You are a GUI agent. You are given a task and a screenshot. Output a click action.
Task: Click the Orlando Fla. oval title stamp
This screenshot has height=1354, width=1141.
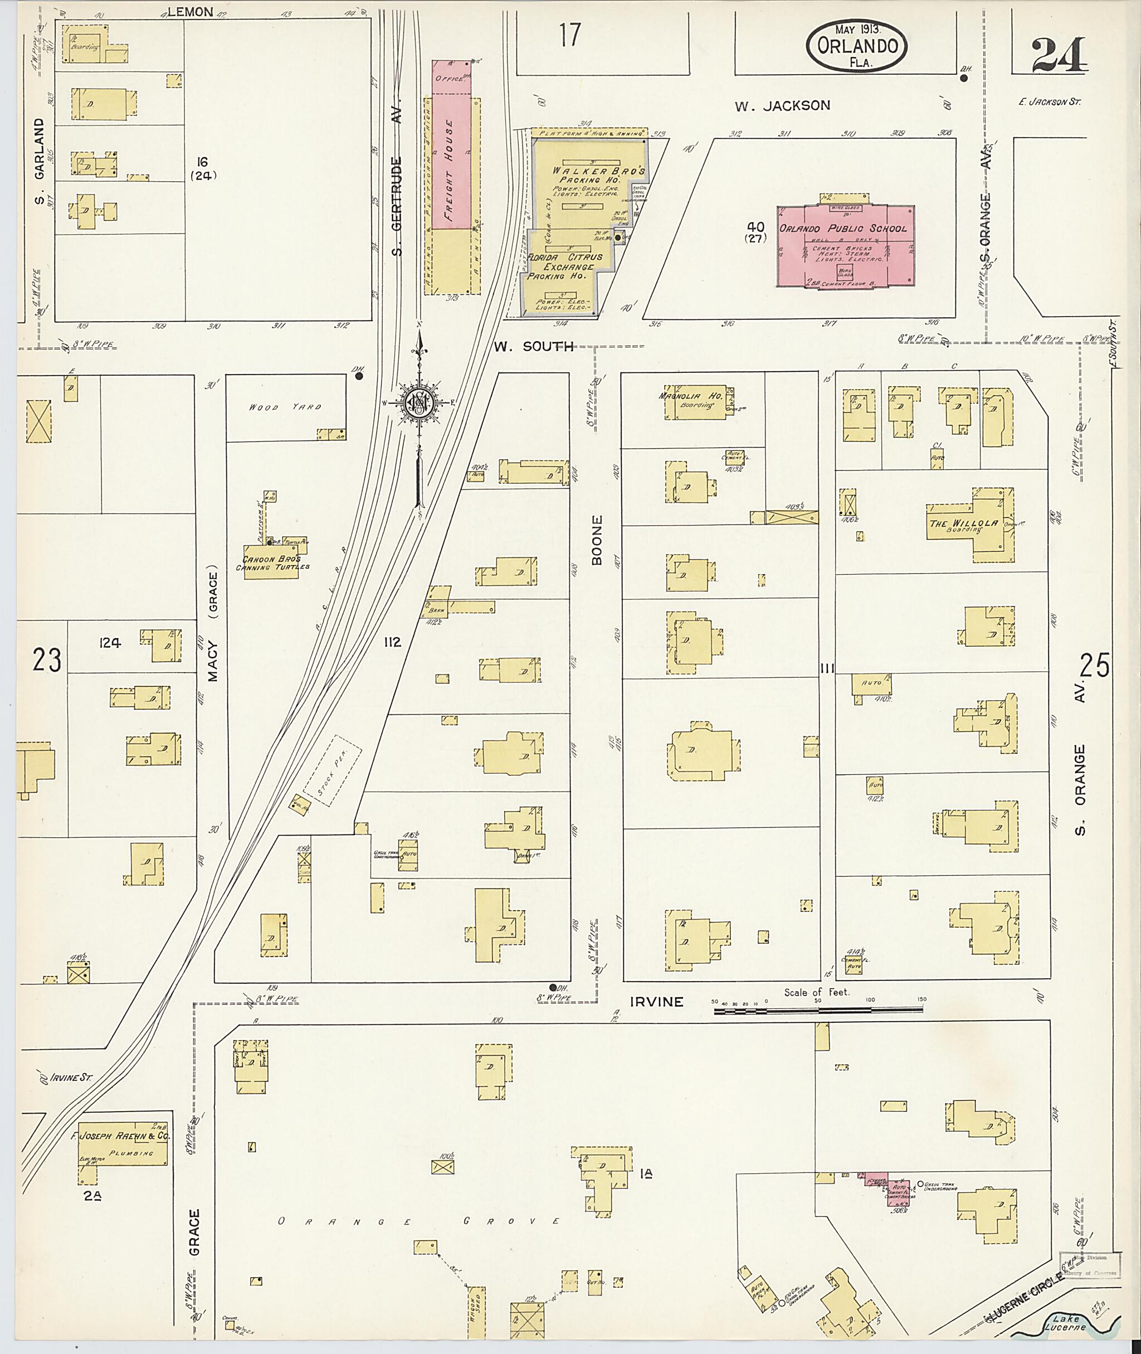(856, 45)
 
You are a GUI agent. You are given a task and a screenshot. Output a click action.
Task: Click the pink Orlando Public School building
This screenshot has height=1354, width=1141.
(845, 246)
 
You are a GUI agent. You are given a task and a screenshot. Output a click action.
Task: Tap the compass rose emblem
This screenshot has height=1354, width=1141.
(419, 402)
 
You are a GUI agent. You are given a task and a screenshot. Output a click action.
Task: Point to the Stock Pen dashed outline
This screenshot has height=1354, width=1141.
(332, 770)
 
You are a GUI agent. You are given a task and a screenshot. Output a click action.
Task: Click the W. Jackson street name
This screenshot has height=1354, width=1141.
(783, 105)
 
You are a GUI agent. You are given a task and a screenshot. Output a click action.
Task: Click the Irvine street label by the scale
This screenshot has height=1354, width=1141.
(656, 1002)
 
